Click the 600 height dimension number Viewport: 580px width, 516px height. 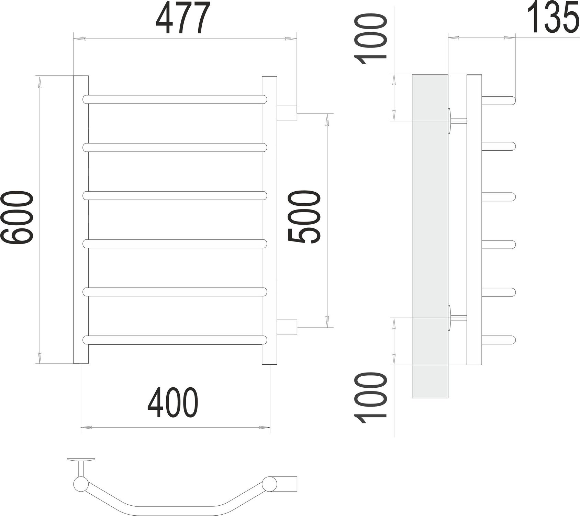tap(17, 219)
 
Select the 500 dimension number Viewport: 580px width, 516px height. tap(304, 217)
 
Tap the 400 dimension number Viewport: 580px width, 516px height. tap(173, 403)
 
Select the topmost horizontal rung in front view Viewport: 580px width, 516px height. tap(175, 99)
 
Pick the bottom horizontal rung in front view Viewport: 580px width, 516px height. tap(175, 340)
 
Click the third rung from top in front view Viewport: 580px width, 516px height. tap(175, 196)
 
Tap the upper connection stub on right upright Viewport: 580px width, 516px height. tap(287, 113)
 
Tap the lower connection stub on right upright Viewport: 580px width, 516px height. tap(287, 327)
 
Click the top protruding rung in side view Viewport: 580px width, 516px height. tap(498, 100)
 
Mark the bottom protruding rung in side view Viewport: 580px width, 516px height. tap(498, 340)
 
